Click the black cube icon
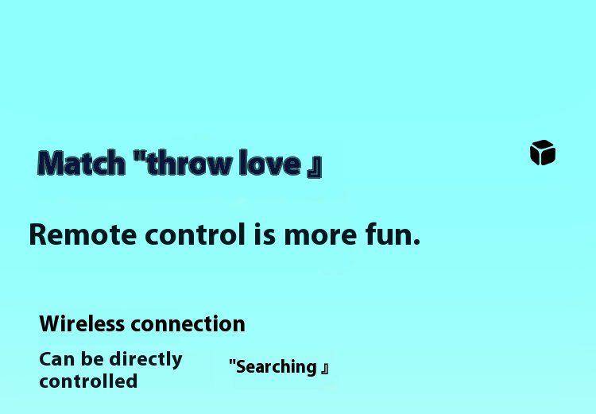coord(543,153)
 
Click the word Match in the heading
coord(81,163)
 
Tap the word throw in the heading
coord(190,163)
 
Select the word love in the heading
coord(270,163)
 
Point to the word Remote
coord(83,234)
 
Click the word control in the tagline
coord(195,234)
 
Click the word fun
coord(389,234)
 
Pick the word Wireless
coord(82,324)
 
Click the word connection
coord(188,325)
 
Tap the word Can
coord(57,359)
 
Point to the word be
coord(92,359)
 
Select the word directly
coord(145,360)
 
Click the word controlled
coord(88,381)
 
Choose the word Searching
coord(277,367)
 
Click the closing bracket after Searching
coord(324,369)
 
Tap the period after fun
coord(416,242)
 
